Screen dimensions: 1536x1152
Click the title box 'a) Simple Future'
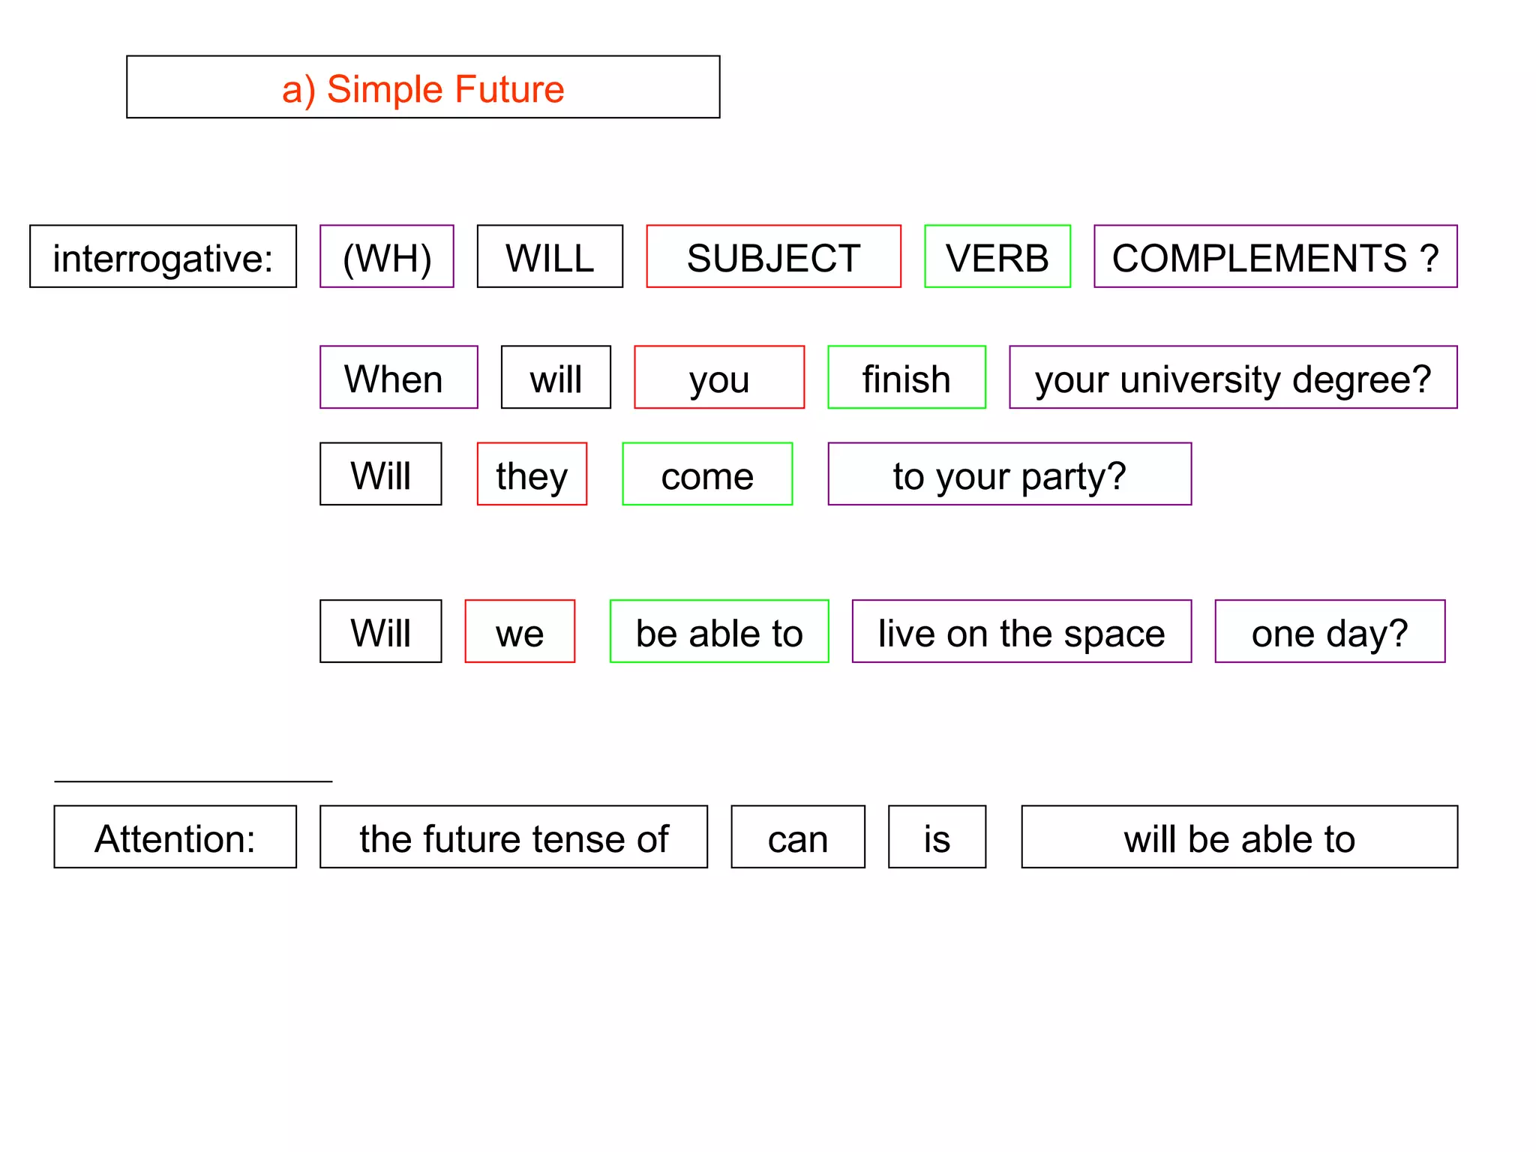coord(423,87)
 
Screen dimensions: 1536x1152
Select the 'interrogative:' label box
coord(163,256)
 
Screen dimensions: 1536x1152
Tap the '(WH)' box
coord(387,256)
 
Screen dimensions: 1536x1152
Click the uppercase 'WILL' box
coord(550,256)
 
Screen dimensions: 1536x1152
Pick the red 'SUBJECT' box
coord(773,256)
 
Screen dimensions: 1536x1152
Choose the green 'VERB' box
coord(997,256)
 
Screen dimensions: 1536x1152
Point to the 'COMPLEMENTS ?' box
coord(1275,256)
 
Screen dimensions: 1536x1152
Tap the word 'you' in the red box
coord(719,378)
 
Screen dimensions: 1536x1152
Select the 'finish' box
coord(906,378)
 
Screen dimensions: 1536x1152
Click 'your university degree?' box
coord(1233,378)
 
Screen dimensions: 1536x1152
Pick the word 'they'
coord(532,475)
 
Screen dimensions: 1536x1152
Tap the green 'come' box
coord(707,475)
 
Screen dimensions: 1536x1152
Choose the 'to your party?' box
coord(1009,475)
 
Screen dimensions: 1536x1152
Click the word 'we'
coord(520,632)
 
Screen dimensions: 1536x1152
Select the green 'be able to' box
coord(719,632)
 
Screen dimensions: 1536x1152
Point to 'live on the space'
coord(1021,632)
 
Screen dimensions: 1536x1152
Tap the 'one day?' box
coord(1330,632)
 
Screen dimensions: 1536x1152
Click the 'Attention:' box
coord(175,838)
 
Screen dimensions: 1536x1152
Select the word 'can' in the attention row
coord(798,838)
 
